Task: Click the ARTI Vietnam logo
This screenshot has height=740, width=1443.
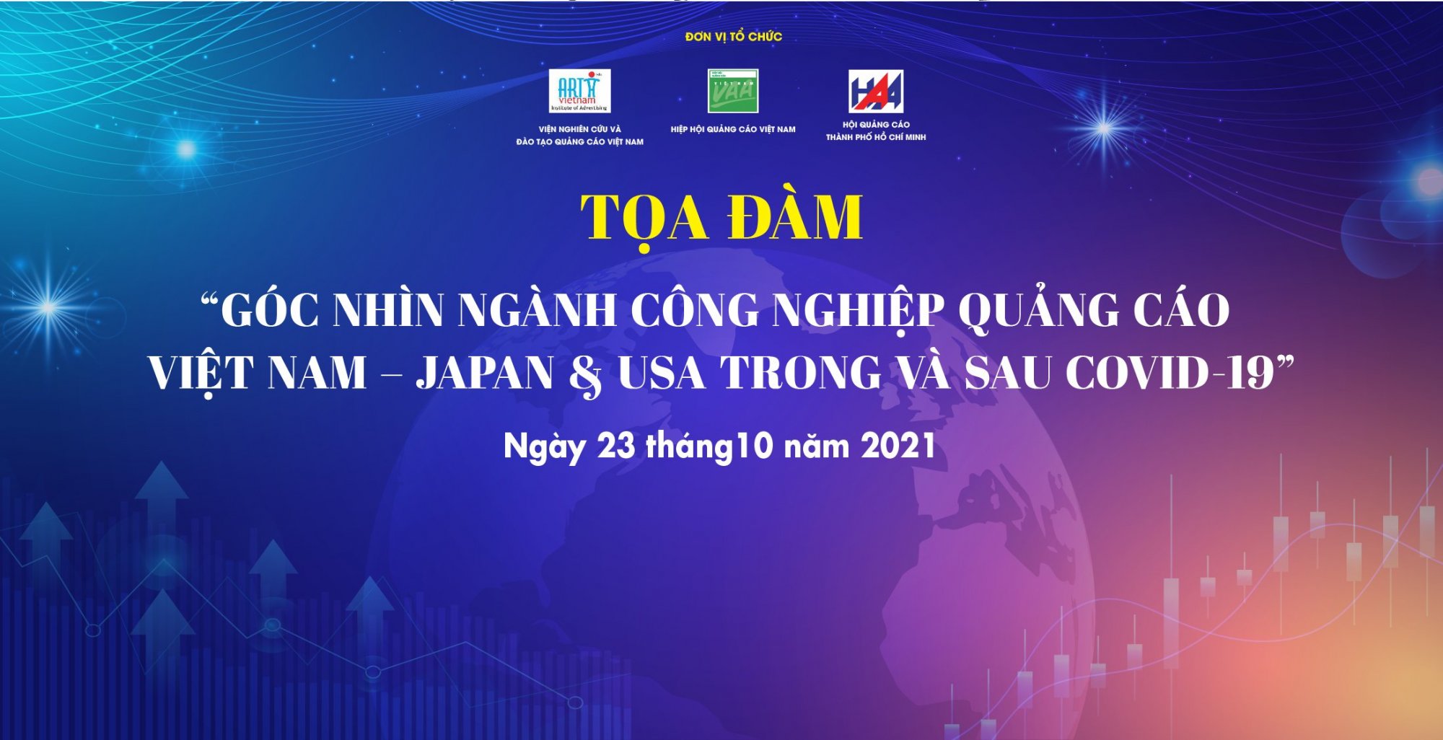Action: [x=579, y=91]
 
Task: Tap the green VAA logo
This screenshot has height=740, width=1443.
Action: [x=732, y=91]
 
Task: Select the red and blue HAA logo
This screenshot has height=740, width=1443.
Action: [x=875, y=91]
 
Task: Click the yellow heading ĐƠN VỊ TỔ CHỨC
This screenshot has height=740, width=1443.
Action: [x=733, y=36]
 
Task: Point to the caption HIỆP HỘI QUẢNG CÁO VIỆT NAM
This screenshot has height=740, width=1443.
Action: [x=733, y=130]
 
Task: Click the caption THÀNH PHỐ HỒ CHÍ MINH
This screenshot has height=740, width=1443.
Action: [x=876, y=137]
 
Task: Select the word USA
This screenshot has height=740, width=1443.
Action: [x=661, y=373]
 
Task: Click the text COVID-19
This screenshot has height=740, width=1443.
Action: [x=1170, y=373]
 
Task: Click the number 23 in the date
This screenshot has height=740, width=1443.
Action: [x=616, y=446]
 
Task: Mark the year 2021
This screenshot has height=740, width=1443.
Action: [x=898, y=446]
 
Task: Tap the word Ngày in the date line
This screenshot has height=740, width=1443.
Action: [x=544, y=448]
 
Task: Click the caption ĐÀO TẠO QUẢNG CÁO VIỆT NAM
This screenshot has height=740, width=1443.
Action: [x=579, y=142]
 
